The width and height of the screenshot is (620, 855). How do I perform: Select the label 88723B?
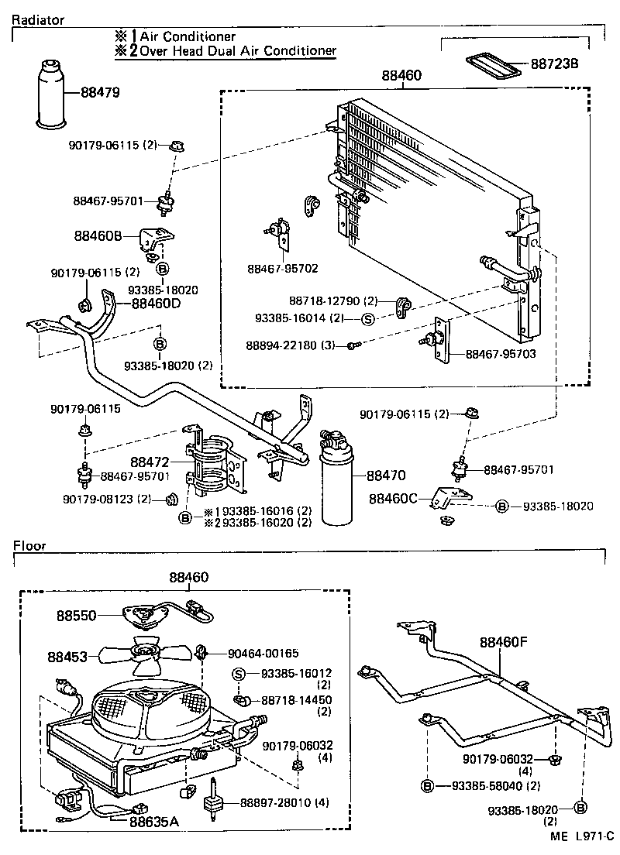(554, 64)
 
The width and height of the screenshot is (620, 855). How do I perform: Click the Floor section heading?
(29, 545)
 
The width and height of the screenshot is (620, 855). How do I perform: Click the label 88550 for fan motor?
(76, 616)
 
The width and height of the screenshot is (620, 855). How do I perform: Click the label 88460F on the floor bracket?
(505, 641)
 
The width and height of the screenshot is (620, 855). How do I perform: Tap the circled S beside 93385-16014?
(368, 318)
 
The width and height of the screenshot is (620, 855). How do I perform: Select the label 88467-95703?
(501, 354)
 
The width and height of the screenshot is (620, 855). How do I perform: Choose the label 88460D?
(155, 303)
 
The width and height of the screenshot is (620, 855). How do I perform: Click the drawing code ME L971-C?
(582, 836)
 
